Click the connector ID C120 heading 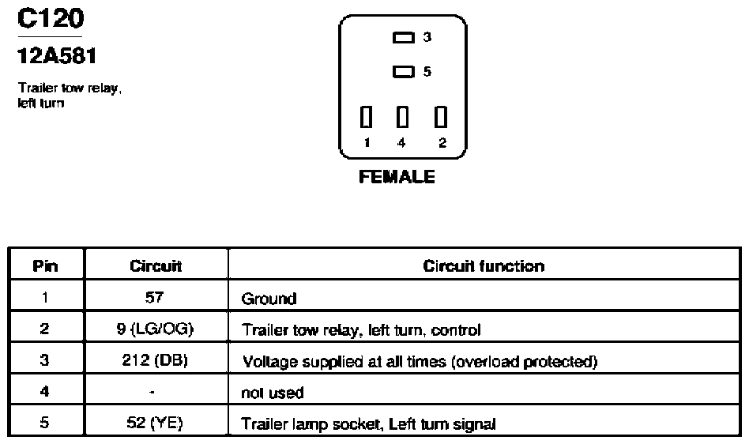51,19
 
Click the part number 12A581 57,56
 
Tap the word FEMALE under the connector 397,177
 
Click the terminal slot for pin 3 403,37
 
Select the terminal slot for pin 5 403,72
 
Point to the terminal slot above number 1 366,116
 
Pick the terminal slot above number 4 403,116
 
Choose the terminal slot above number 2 440,116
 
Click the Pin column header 45,266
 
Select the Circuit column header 156,266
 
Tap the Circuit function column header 484,266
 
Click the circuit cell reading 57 154,297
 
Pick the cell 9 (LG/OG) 155,329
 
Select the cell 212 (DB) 155,360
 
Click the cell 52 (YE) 155,423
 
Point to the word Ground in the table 269,299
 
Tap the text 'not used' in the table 273,393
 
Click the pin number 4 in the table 44,392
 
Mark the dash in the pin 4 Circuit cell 152,393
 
